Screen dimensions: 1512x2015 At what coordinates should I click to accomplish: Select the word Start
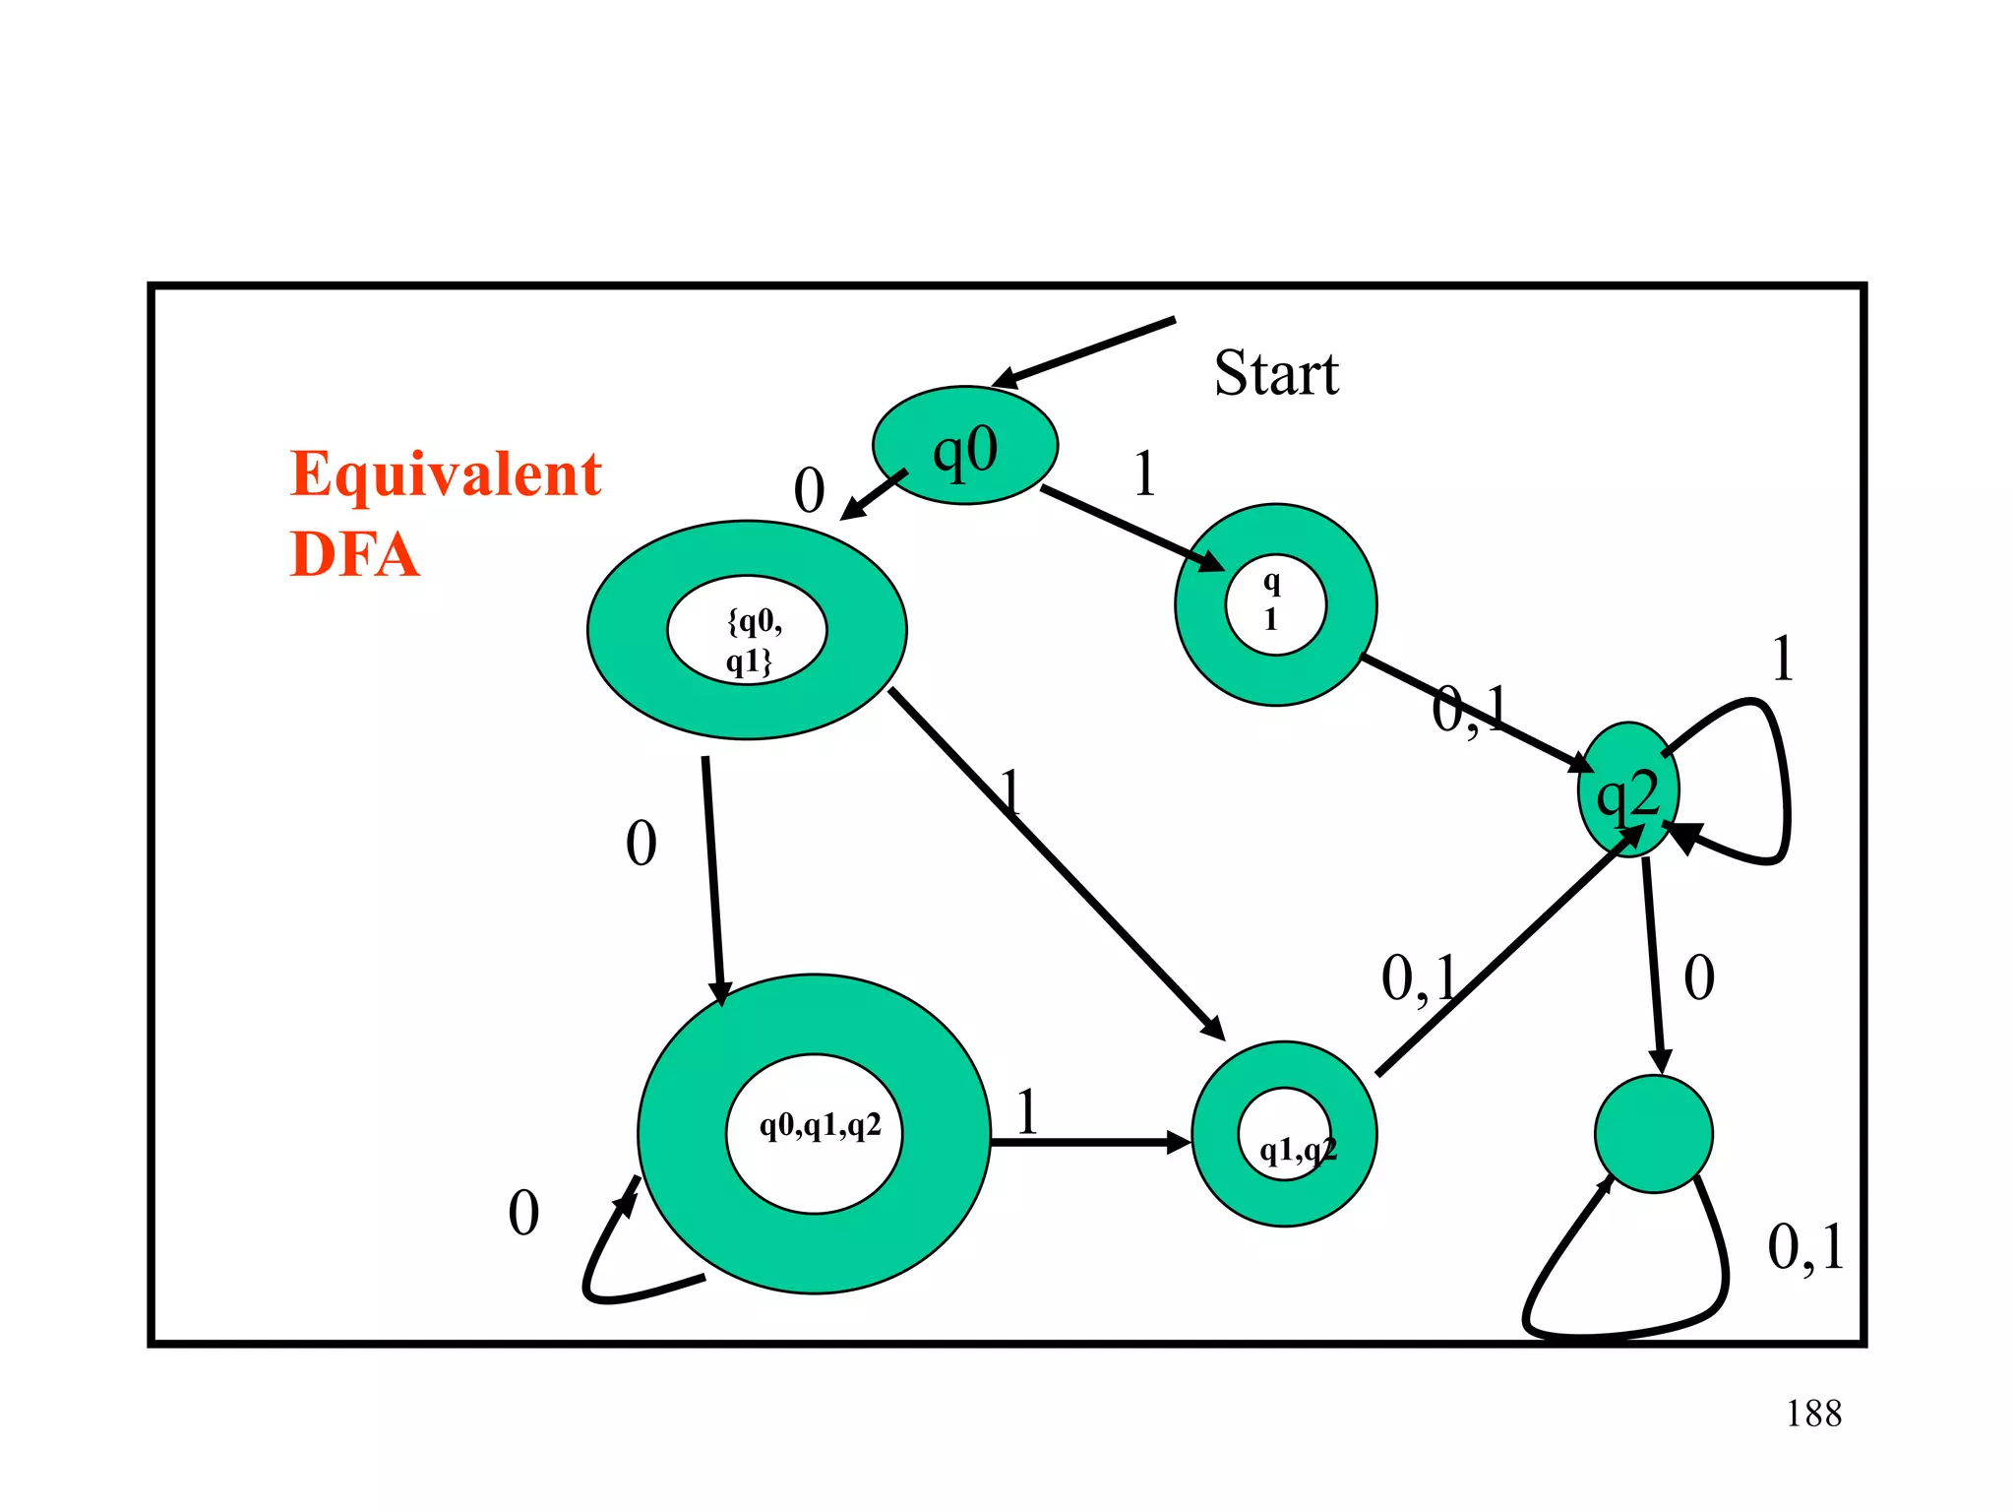click(1276, 374)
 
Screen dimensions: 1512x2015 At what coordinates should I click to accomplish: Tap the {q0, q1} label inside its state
click(752, 640)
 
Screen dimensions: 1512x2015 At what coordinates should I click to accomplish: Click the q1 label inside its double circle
click(1272, 600)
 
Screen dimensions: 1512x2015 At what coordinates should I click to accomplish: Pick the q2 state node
click(1628, 790)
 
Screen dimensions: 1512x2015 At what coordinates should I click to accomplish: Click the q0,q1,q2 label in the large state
click(819, 1125)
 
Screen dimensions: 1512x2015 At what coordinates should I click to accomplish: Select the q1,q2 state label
click(1297, 1149)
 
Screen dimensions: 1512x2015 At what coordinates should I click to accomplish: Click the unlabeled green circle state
click(1653, 1134)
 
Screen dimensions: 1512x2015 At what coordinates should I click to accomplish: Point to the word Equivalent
click(446, 475)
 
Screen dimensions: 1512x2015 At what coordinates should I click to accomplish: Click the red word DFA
click(354, 554)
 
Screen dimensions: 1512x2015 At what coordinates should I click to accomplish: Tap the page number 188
click(1813, 1414)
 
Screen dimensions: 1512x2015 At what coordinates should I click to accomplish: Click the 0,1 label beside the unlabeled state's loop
click(1805, 1248)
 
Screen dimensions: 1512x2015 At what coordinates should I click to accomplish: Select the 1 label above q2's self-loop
click(1782, 659)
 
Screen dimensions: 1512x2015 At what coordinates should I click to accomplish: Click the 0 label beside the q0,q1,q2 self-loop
click(523, 1213)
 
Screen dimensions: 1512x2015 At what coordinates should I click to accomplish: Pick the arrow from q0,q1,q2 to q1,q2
click(1087, 1142)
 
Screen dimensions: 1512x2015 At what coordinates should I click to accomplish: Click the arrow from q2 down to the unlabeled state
click(1653, 965)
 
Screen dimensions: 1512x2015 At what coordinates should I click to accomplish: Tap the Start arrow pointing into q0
click(1082, 352)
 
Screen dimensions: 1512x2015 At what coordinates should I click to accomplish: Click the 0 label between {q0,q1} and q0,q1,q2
click(641, 844)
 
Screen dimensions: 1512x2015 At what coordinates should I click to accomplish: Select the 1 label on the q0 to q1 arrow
click(1143, 473)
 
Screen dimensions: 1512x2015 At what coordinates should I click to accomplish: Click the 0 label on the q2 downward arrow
click(1699, 977)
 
